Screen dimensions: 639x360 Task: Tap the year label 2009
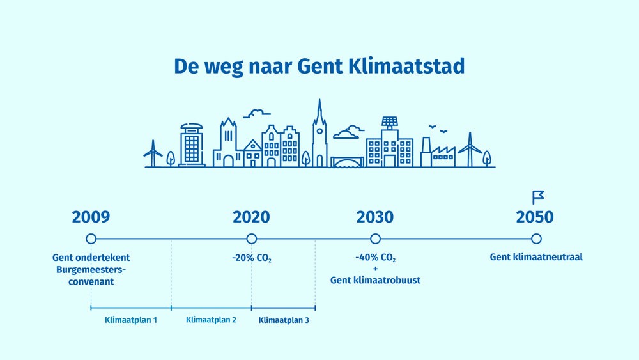click(x=91, y=217)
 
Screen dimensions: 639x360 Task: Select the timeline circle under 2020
click(x=251, y=239)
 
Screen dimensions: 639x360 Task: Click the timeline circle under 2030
click(x=375, y=239)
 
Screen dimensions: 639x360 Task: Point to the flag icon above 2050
click(x=537, y=198)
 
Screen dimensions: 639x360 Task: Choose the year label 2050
click(x=535, y=217)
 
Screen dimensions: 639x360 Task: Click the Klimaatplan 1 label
click(x=131, y=320)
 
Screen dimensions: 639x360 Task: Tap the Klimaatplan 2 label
click(x=211, y=320)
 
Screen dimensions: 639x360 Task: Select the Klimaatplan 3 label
click(x=284, y=320)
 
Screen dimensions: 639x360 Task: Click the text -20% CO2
click(x=251, y=258)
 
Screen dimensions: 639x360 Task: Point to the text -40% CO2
click(x=375, y=258)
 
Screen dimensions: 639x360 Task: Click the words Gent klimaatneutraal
click(x=536, y=257)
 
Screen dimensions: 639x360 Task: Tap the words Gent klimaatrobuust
click(x=375, y=280)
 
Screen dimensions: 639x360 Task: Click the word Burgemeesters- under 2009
click(x=91, y=269)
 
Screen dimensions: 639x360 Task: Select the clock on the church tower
click(x=320, y=131)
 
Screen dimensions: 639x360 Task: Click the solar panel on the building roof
click(x=390, y=121)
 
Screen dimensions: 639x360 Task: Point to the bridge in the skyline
click(x=347, y=162)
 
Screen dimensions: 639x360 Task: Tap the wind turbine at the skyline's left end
click(x=153, y=153)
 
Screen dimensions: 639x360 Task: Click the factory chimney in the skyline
click(x=426, y=152)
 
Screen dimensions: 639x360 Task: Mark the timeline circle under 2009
click(x=91, y=239)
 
